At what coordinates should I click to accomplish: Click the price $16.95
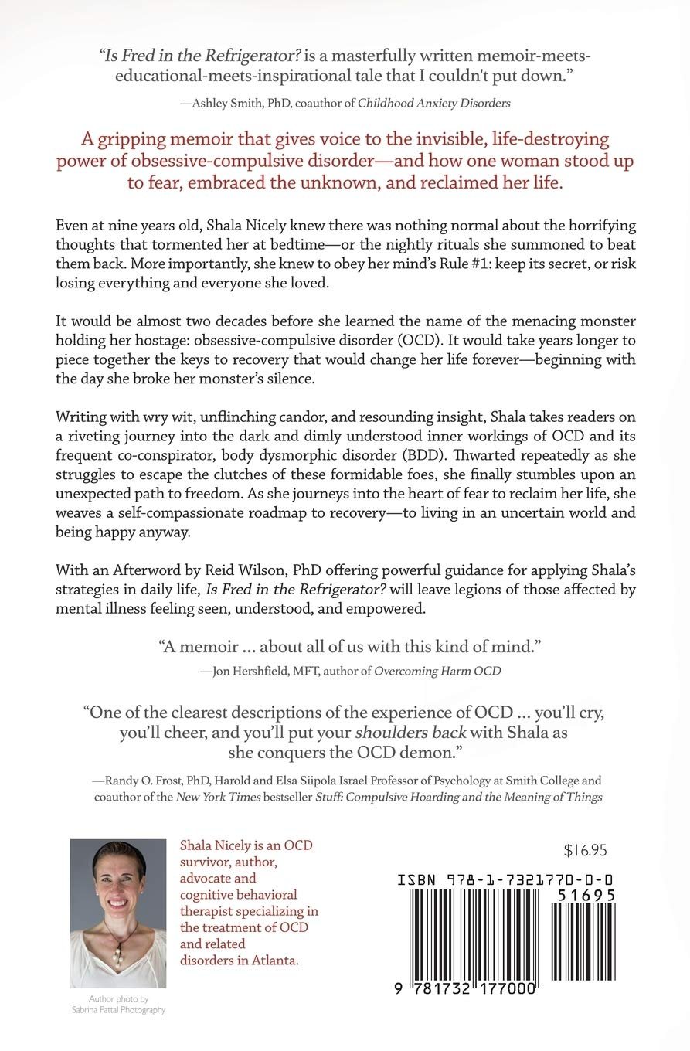pyautogui.click(x=585, y=851)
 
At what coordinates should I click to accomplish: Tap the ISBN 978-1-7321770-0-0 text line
pyautogui.click(x=505, y=879)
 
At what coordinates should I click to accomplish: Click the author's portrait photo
pyautogui.click(x=118, y=913)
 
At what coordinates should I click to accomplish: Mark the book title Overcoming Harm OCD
pyautogui.click(x=437, y=671)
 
